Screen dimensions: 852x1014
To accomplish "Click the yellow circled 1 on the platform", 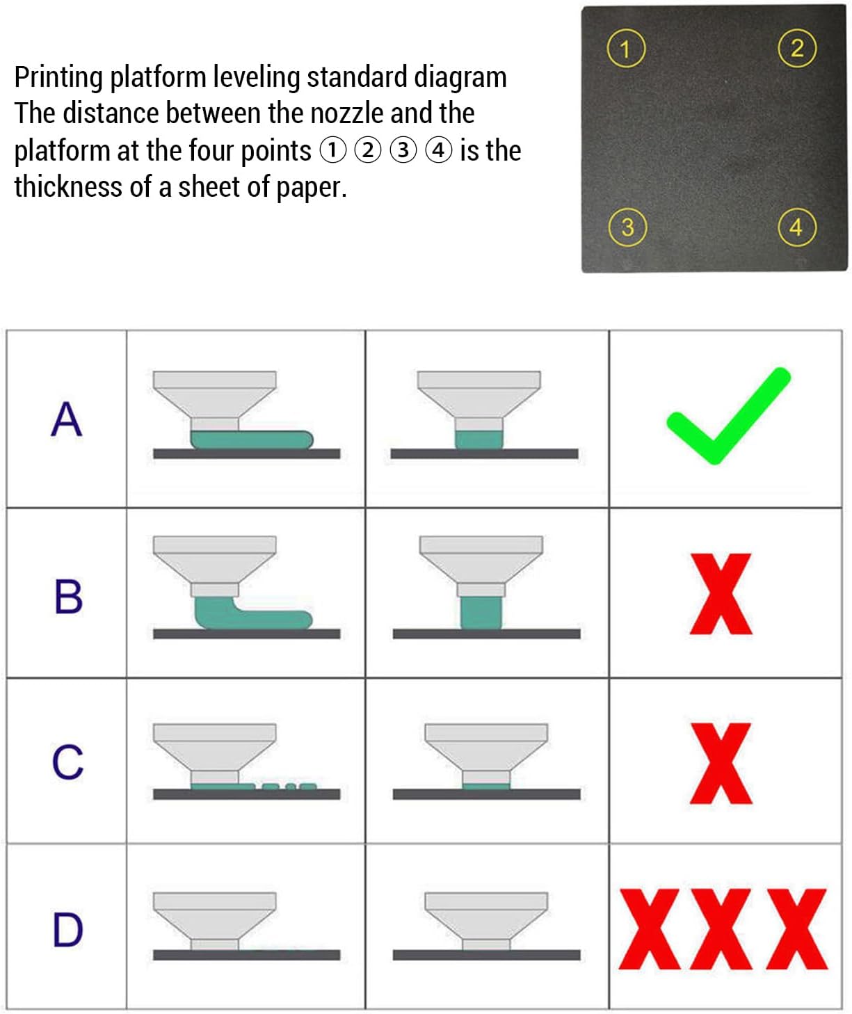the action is point(626,49).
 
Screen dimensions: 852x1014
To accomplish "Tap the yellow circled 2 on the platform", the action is point(797,48).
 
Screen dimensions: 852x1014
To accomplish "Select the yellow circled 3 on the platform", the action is point(627,227).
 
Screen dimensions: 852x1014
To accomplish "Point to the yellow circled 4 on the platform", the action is point(796,227).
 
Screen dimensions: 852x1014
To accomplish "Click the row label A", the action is point(67,419).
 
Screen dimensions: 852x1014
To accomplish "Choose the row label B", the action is point(68,596).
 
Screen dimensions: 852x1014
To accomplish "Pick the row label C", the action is point(67,762).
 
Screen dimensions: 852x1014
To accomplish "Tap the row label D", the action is point(67,929).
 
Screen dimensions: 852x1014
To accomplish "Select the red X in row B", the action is point(721,593).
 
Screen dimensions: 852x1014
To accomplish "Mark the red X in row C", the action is point(721,763).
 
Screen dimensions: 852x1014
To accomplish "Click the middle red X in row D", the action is point(721,929).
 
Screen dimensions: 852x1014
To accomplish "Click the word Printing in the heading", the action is point(58,78).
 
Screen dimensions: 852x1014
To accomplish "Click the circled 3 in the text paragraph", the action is point(403,150).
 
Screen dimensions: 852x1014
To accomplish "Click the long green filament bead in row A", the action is point(252,440).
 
